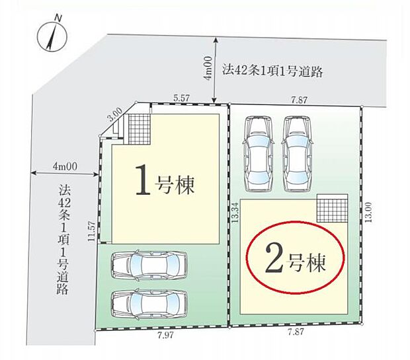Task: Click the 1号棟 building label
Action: (x=164, y=184)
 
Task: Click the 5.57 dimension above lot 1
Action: (x=182, y=98)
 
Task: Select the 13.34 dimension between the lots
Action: (x=235, y=214)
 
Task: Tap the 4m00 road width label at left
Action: (x=65, y=167)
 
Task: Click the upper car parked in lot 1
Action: (x=149, y=265)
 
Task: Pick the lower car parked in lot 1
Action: (x=149, y=305)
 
